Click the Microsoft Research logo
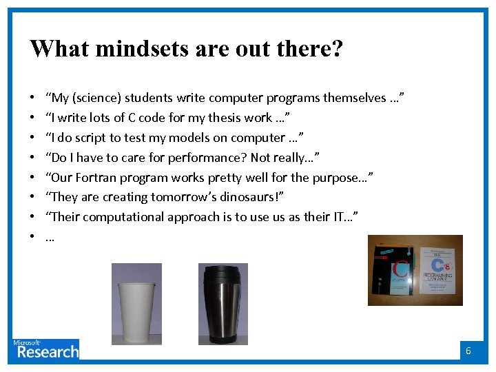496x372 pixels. [x=45, y=349]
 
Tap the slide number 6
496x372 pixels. [x=468, y=351]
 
